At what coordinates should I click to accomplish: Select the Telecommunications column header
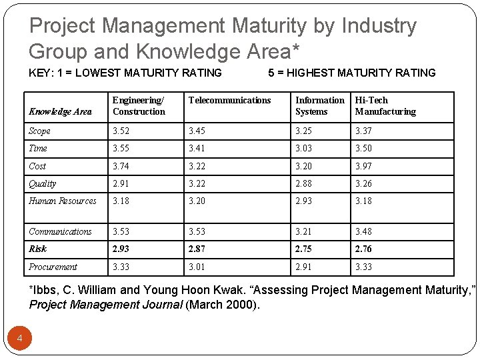point(230,100)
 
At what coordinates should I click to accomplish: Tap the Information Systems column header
point(319,106)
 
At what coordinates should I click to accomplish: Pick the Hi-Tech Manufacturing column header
point(385,106)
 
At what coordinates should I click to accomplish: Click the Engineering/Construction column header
point(139,106)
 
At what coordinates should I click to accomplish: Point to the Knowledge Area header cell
point(60,111)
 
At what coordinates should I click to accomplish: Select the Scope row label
point(40,131)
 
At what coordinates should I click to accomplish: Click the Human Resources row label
point(62,201)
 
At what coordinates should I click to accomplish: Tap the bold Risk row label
point(38,249)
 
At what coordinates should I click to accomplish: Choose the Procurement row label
point(53,267)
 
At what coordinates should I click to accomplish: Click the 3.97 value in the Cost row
point(363,166)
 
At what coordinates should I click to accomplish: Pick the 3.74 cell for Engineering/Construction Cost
point(121,166)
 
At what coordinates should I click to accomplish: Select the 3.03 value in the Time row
point(304,149)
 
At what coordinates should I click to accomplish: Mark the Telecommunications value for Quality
point(197,183)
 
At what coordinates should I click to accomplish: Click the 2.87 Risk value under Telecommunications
point(197,249)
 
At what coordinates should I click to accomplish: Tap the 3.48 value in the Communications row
point(363,231)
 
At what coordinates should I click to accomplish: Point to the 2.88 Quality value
point(304,183)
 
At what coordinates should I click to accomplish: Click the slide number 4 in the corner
point(20,339)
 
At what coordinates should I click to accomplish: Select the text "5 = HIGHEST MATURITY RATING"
point(351,73)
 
